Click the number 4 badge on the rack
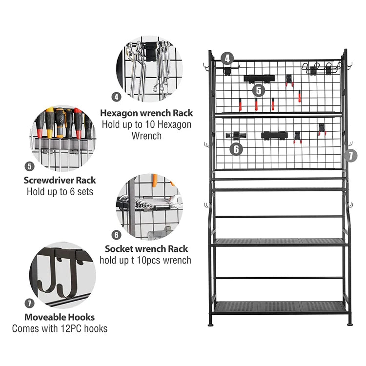click(x=226, y=59)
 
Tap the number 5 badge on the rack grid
click(x=259, y=90)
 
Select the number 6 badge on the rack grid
click(x=236, y=149)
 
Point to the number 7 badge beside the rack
click(x=350, y=156)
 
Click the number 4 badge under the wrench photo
click(x=116, y=97)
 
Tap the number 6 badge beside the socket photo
click(x=116, y=235)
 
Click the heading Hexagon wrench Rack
click(x=146, y=113)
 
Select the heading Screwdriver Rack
click(x=60, y=180)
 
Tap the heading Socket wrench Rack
click(x=146, y=249)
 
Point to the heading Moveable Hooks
click(x=60, y=317)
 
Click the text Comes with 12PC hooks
click(x=60, y=328)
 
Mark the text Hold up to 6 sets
click(x=60, y=191)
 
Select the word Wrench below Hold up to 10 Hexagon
click(x=146, y=136)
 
